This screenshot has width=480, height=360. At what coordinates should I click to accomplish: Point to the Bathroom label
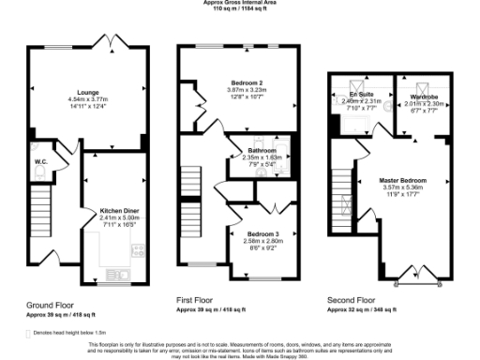(x=262, y=150)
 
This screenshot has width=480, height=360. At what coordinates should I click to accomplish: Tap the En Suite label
(x=359, y=95)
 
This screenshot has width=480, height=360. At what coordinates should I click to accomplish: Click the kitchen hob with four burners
(x=139, y=250)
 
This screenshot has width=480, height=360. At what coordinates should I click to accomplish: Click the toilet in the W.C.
(x=33, y=147)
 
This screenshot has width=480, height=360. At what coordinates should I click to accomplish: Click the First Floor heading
(x=198, y=299)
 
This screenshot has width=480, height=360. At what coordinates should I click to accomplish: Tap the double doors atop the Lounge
(x=110, y=42)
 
